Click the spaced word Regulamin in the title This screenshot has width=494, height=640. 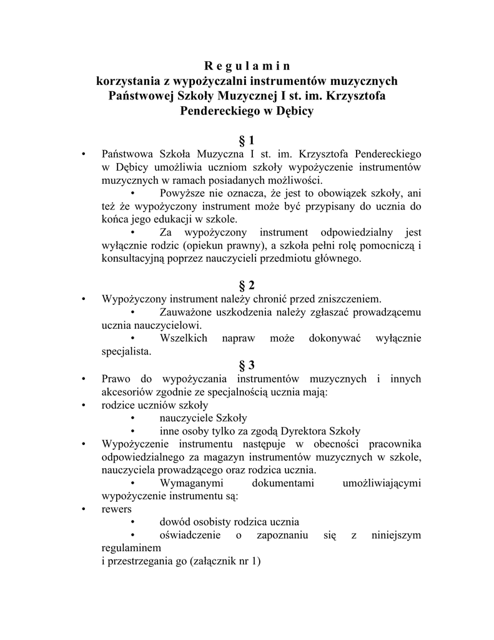coord(247,66)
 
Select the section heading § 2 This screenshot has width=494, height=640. coord(247,286)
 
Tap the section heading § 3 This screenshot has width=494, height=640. coord(247,365)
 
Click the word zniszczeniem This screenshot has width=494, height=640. coord(350,299)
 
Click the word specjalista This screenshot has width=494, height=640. coord(126,352)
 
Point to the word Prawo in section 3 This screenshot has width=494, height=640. coord(116,379)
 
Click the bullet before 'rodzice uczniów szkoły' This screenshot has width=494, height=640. coord(83,406)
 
